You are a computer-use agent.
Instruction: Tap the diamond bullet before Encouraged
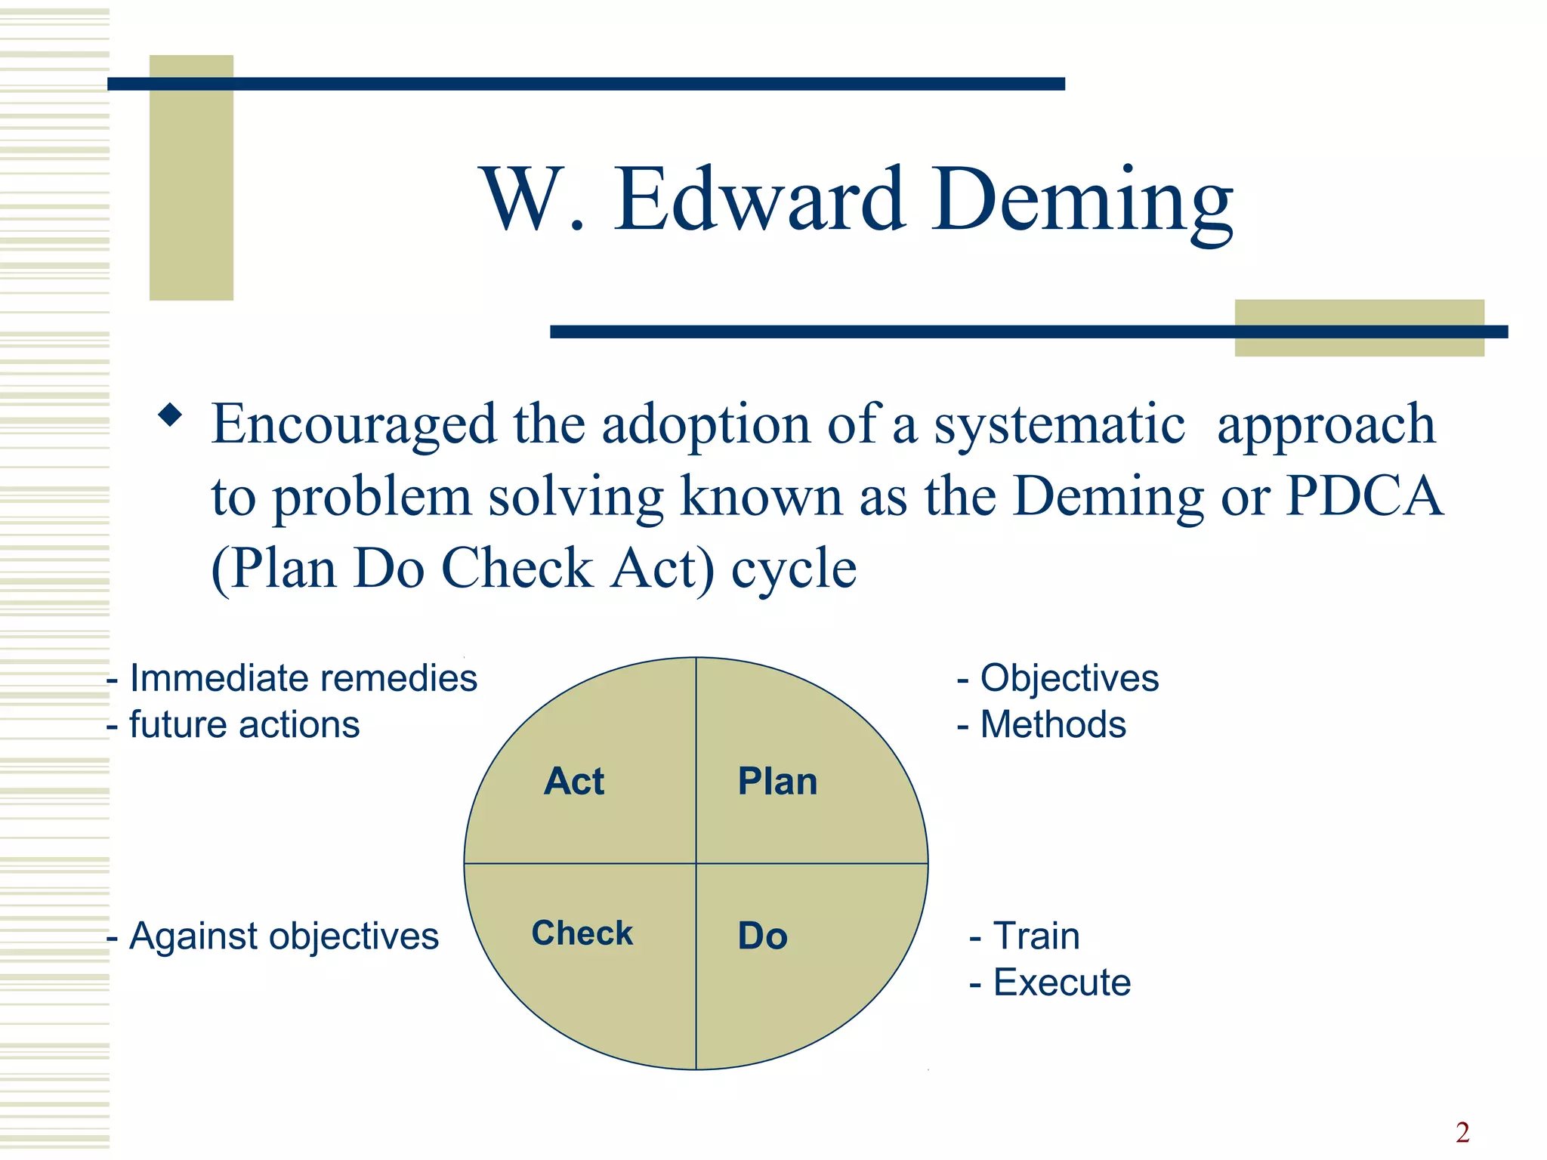pyautogui.click(x=171, y=415)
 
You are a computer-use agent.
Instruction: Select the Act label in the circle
pyautogui.click(x=574, y=781)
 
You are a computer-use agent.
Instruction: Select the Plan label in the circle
pyautogui.click(x=777, y=781)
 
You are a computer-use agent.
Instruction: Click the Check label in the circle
pyautogui.click(x=582, y=933)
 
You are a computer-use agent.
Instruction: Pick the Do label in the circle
pyautogui.click(x=762, y=936)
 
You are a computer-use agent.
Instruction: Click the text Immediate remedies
pyautogui.click(x=302, y=678)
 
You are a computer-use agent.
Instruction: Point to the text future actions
pyautogui.click(x=243, y=725)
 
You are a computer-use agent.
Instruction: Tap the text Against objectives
pyautogui.click(x=283, y=936)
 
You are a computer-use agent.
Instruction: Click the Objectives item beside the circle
pyautogui.click(x=1068, y=678)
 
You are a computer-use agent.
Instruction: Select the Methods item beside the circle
pyautogui.click(x=1052, y=725)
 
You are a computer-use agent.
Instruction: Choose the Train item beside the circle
pyautogui.click(x=1036, y=936)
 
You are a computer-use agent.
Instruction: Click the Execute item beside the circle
pyautogui.click(x=1061, y=983)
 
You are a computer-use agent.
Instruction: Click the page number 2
pyautogui.click(x=1462, y=1132)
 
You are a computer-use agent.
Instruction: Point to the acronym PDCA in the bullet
pyautogui.click(x=1364, y=496)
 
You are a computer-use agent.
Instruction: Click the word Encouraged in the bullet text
pyautogui.click(x=354, y=424)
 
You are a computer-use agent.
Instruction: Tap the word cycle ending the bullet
pyautogui.click(x=793, y=569)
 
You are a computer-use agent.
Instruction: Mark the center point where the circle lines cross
pyautogui.click(x=696, y=863)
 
